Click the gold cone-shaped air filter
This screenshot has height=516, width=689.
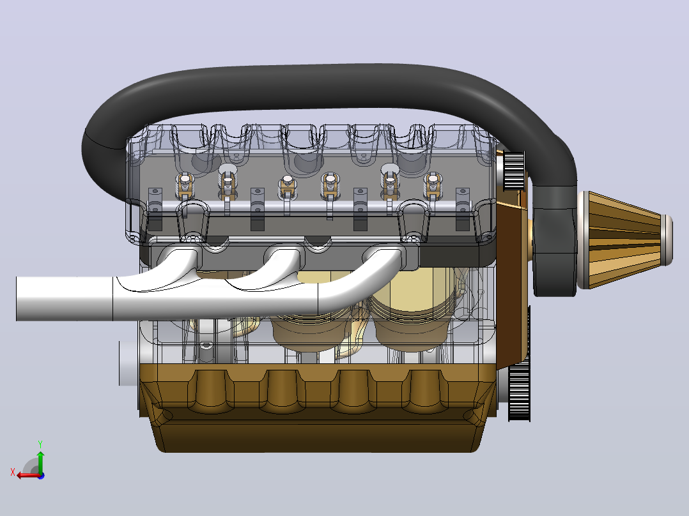pos(624,239)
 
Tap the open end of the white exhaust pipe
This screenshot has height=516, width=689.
pos(17,299)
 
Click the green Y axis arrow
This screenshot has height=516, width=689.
pos(40,461)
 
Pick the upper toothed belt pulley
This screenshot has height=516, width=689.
pos(514,171)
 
